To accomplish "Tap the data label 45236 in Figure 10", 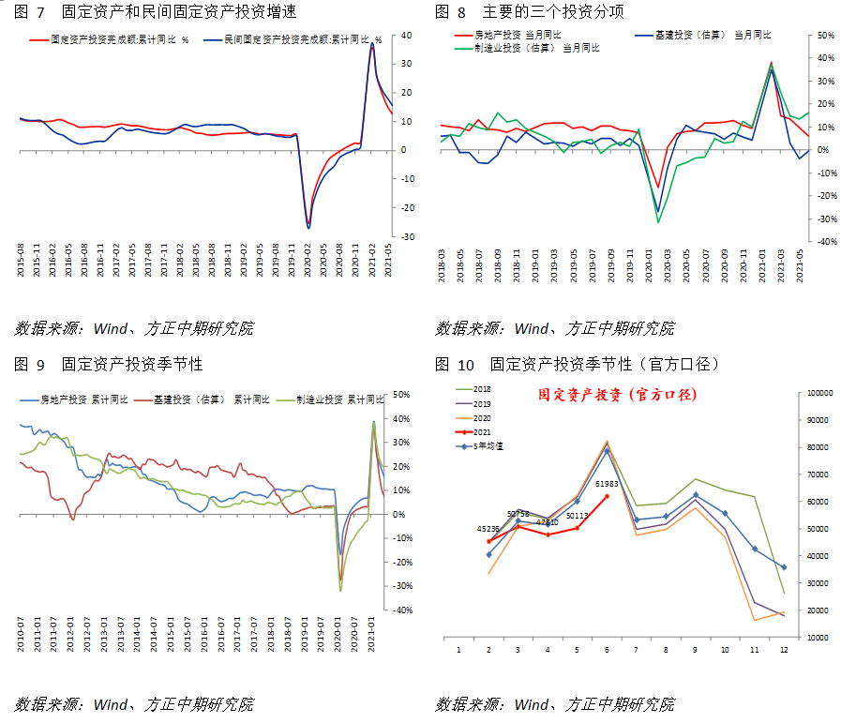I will (488, 529).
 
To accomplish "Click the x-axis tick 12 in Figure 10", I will (784, 649).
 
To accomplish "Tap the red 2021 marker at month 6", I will (607, 496).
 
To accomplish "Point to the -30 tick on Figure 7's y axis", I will (408, 237).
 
